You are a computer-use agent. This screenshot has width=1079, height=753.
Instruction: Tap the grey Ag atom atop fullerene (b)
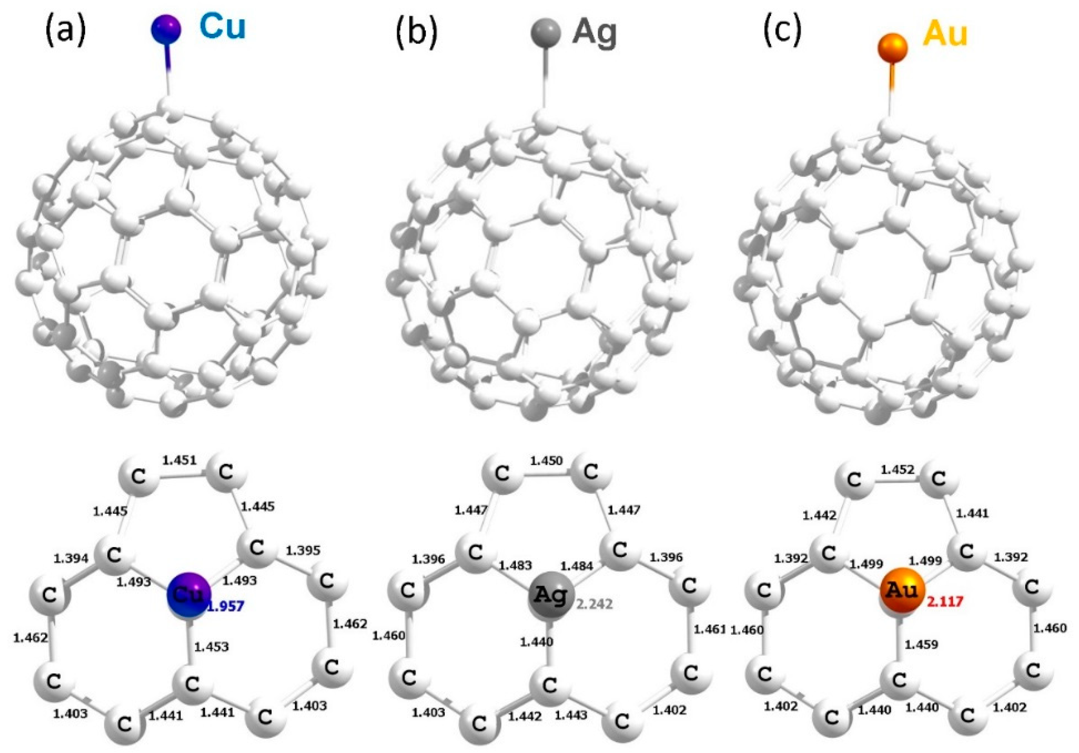tap(545, 33)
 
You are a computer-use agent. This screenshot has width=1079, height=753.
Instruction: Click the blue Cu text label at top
tap(222, 27)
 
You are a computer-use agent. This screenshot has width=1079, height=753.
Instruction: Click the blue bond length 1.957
tap(226, 607)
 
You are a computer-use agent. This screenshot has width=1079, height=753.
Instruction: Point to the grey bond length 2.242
tap(595, 604)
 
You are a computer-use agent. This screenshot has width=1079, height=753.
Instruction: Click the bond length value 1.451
tap(179, 460)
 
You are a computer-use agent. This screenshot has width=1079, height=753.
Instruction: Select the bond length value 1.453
tap(212, 647)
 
